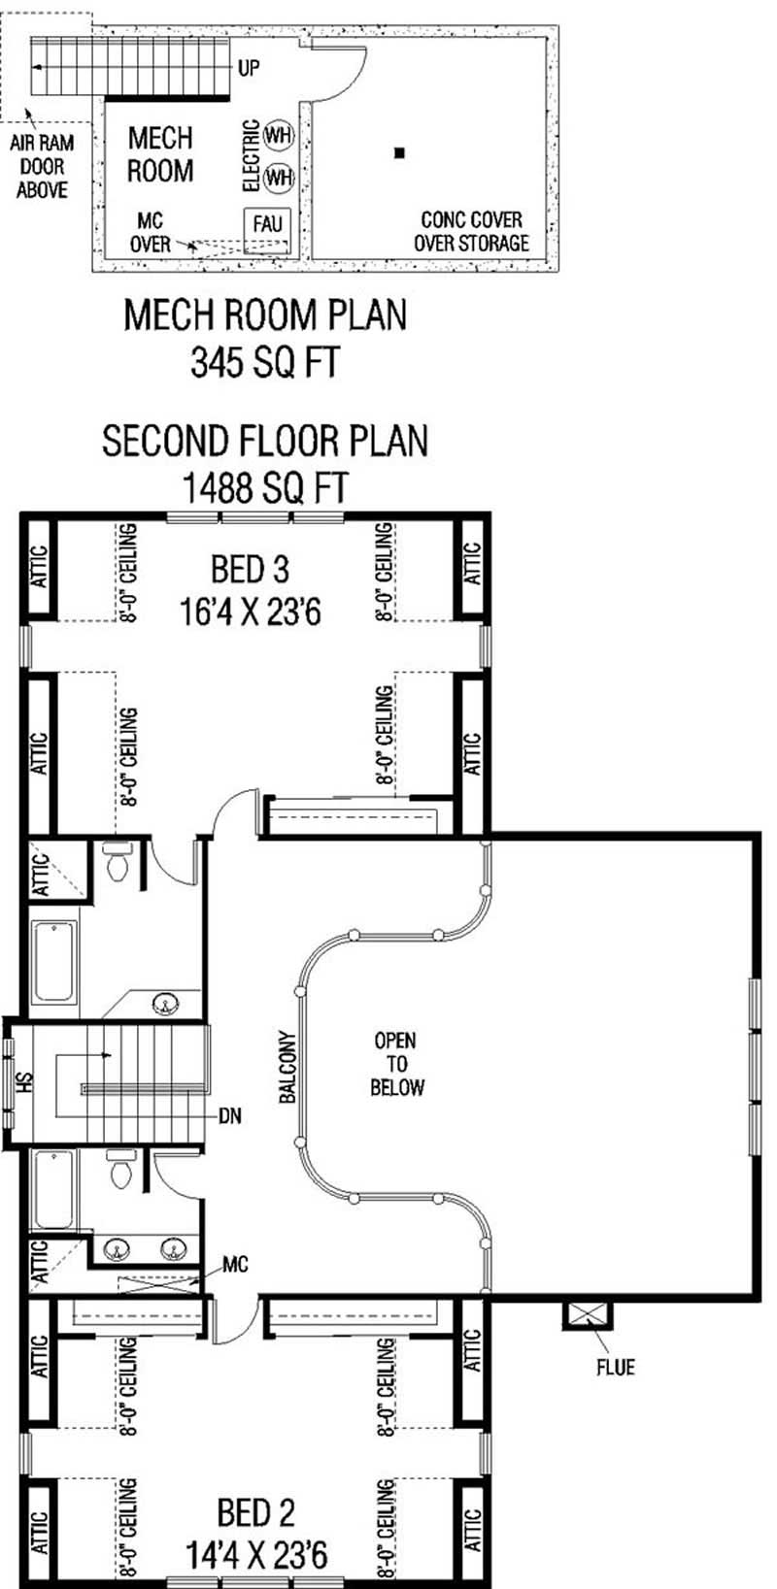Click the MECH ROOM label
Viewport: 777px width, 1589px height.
pos(160,154)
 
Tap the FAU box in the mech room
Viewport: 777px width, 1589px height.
pos(267,224)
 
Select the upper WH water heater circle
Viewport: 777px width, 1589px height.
pos(279,136)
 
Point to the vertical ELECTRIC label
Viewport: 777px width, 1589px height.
pos(251,155)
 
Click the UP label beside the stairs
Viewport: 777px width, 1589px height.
pos(249,69)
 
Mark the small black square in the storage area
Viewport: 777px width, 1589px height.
pos(398,152)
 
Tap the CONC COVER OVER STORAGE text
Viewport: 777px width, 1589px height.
pos(471,231)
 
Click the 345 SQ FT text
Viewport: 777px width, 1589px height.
pos(264,363)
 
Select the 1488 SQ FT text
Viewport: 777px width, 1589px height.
pos(264,486)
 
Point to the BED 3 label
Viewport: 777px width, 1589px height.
pos(250,569)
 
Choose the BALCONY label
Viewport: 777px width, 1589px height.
pos(287,1067)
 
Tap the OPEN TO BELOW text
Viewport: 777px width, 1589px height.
pos(396,1064)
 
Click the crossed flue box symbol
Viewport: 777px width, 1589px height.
pos(588,1315)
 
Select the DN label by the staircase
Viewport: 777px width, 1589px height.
pos(229,1116)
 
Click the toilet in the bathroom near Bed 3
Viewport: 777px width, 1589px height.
pos(117,863)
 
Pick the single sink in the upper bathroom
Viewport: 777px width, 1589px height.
pos(168,1004)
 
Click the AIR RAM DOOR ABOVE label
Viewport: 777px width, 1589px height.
pos(42,166)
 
